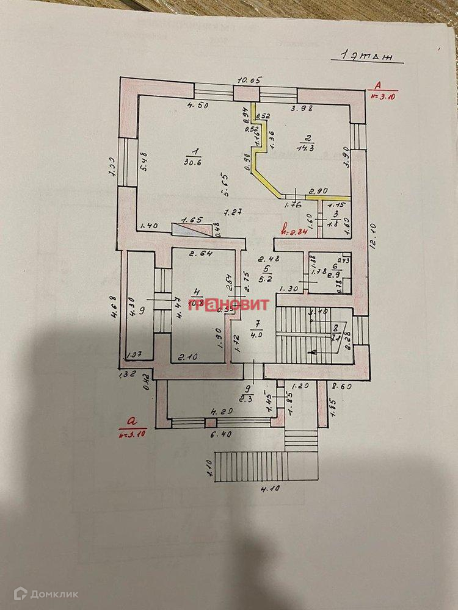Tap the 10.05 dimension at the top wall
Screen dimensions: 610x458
pyautogui.click(x=250, y=81)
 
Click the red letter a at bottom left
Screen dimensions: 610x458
pyautogui.click(x=130, y=421)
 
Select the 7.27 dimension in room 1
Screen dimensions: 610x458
pyautogui.click(x=231, y=212)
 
